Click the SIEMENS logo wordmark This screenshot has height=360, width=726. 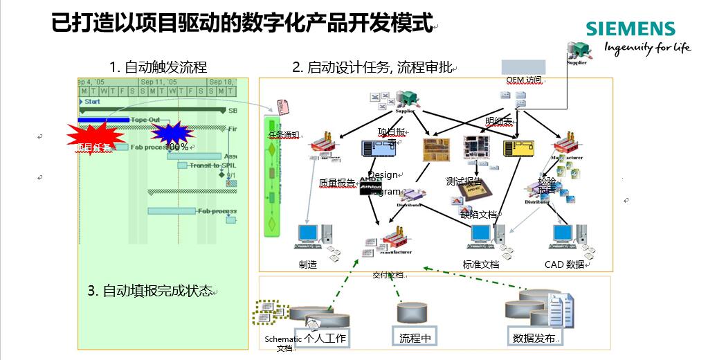[630, 29]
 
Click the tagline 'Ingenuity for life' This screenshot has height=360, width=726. [646, 48]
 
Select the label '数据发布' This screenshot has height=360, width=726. [534, 338]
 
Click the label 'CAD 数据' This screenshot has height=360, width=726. [565, 264]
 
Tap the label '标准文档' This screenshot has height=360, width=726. [481, 264]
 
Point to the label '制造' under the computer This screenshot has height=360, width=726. [308, 264]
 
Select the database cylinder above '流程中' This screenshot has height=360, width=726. [415, 314]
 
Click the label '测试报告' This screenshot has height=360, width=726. [464, 181]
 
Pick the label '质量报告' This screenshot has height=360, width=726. [337, 183]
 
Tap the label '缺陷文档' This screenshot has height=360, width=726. [479, 215]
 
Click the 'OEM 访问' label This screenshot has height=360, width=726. [524, 80]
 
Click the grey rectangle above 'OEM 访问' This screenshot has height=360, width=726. [523, 67]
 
